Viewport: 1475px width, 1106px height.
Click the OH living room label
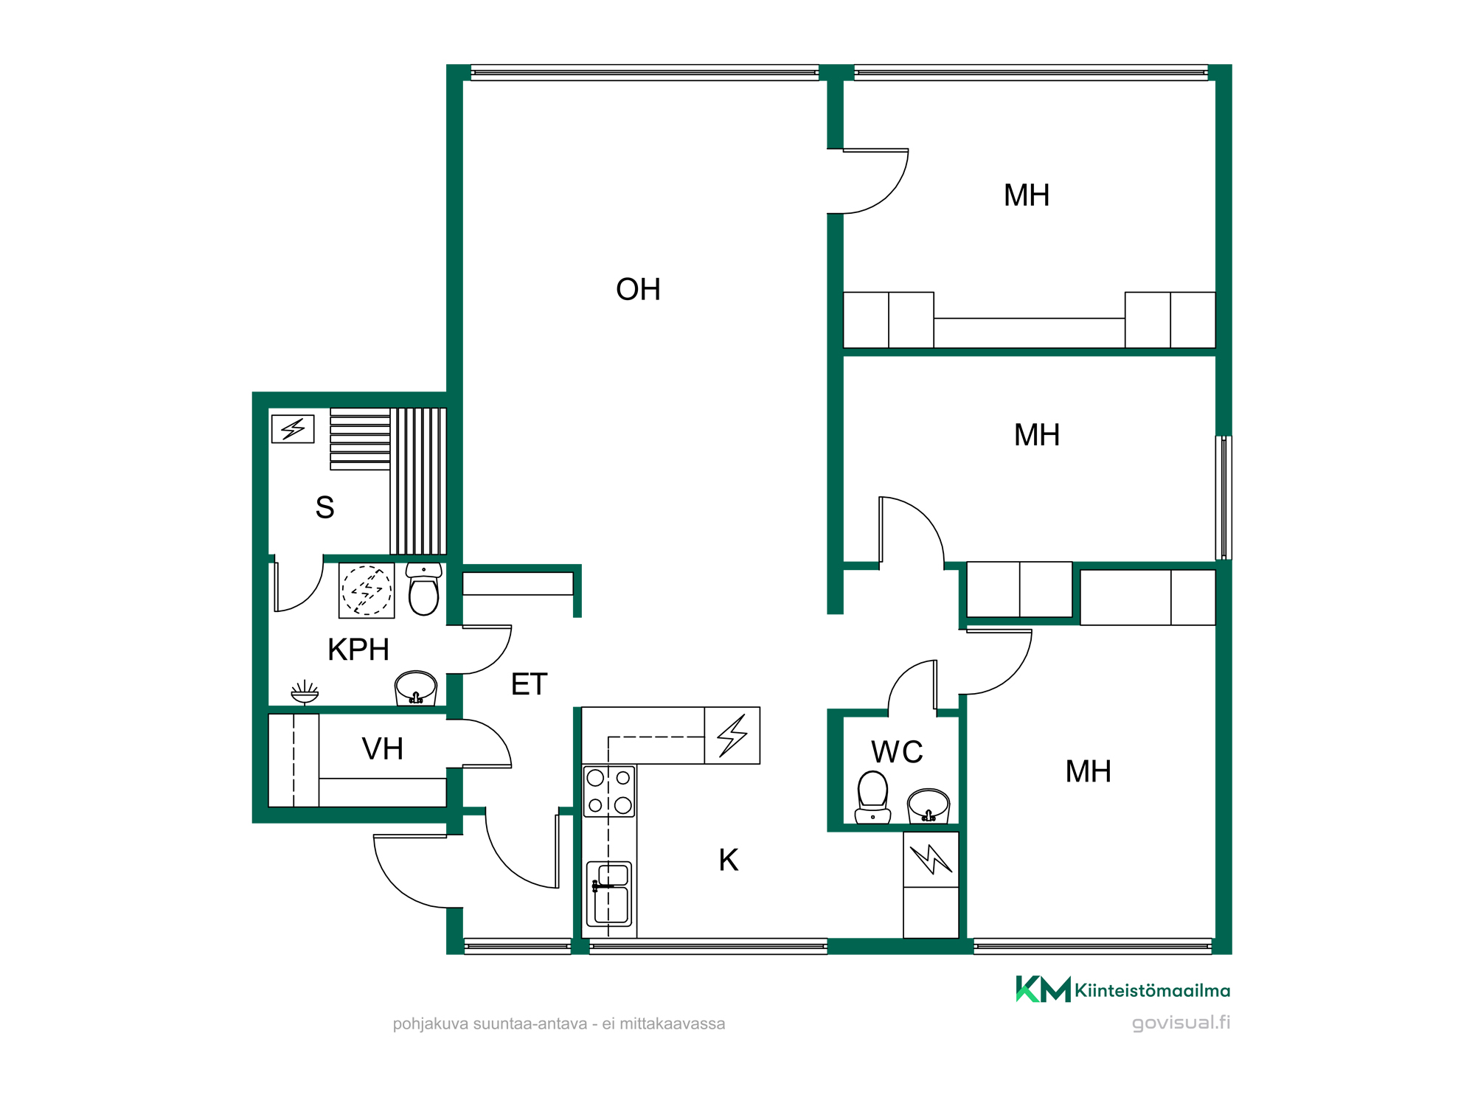point(638,290)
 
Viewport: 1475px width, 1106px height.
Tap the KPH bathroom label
point(358,650)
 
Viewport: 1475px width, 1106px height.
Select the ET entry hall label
point(529,685)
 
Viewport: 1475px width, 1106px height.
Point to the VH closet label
point(382,749)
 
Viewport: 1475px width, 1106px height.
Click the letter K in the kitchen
point(729,860)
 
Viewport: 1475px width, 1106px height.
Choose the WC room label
point(897,752)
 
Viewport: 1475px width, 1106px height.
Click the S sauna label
point(324,507)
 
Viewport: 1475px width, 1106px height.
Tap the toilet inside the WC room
point(872,797)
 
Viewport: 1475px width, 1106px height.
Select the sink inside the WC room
point(928,806)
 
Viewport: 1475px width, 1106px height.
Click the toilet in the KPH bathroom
point(424,589)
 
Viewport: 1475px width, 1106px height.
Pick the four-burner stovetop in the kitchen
point(609,791)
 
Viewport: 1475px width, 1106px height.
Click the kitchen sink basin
point(609,893)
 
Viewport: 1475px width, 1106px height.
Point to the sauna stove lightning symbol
point(293,428)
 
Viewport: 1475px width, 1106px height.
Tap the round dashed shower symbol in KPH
point(367,590)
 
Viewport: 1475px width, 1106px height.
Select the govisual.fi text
point(1181,1023)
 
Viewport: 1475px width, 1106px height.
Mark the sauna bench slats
point(388,481)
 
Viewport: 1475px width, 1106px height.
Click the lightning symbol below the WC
point(931,859)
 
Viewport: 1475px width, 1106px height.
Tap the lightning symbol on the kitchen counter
point(732,735)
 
